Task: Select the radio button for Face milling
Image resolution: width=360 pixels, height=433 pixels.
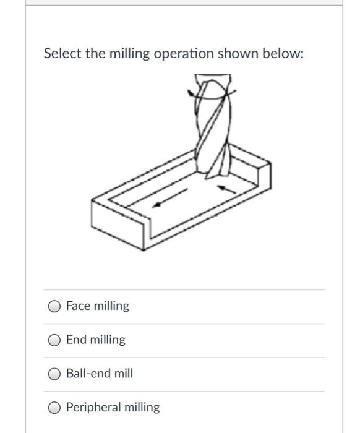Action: pos(55,306)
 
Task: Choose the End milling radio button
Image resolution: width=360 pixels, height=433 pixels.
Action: pos(55,340)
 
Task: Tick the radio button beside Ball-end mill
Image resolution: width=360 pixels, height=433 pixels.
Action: pos(55,374)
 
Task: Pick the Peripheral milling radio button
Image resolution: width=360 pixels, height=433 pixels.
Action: pos(55,408)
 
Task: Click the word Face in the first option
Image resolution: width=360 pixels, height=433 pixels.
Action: pos(77,306)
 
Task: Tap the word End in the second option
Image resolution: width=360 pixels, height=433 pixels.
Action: pos(76,340)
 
